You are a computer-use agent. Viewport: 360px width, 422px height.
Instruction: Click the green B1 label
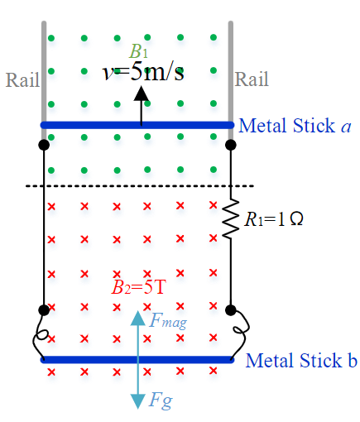coord(138,52)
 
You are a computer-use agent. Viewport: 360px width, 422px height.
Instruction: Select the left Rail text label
coord(22,80)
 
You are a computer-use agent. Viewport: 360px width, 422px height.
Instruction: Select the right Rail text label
coord(252,80)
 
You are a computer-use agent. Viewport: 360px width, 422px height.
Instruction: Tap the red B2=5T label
coord(138,289)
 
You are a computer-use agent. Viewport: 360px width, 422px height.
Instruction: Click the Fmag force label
coord(166,320)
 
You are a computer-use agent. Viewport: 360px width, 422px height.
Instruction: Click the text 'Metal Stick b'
coord(300,361)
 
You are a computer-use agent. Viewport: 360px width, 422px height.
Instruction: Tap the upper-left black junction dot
coord(44,145)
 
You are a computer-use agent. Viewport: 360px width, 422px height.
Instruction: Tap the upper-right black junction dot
coord(232,145)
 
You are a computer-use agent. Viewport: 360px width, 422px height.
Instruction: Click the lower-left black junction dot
coord(44,310)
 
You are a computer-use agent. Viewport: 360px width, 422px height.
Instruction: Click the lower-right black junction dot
coord(232,310)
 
